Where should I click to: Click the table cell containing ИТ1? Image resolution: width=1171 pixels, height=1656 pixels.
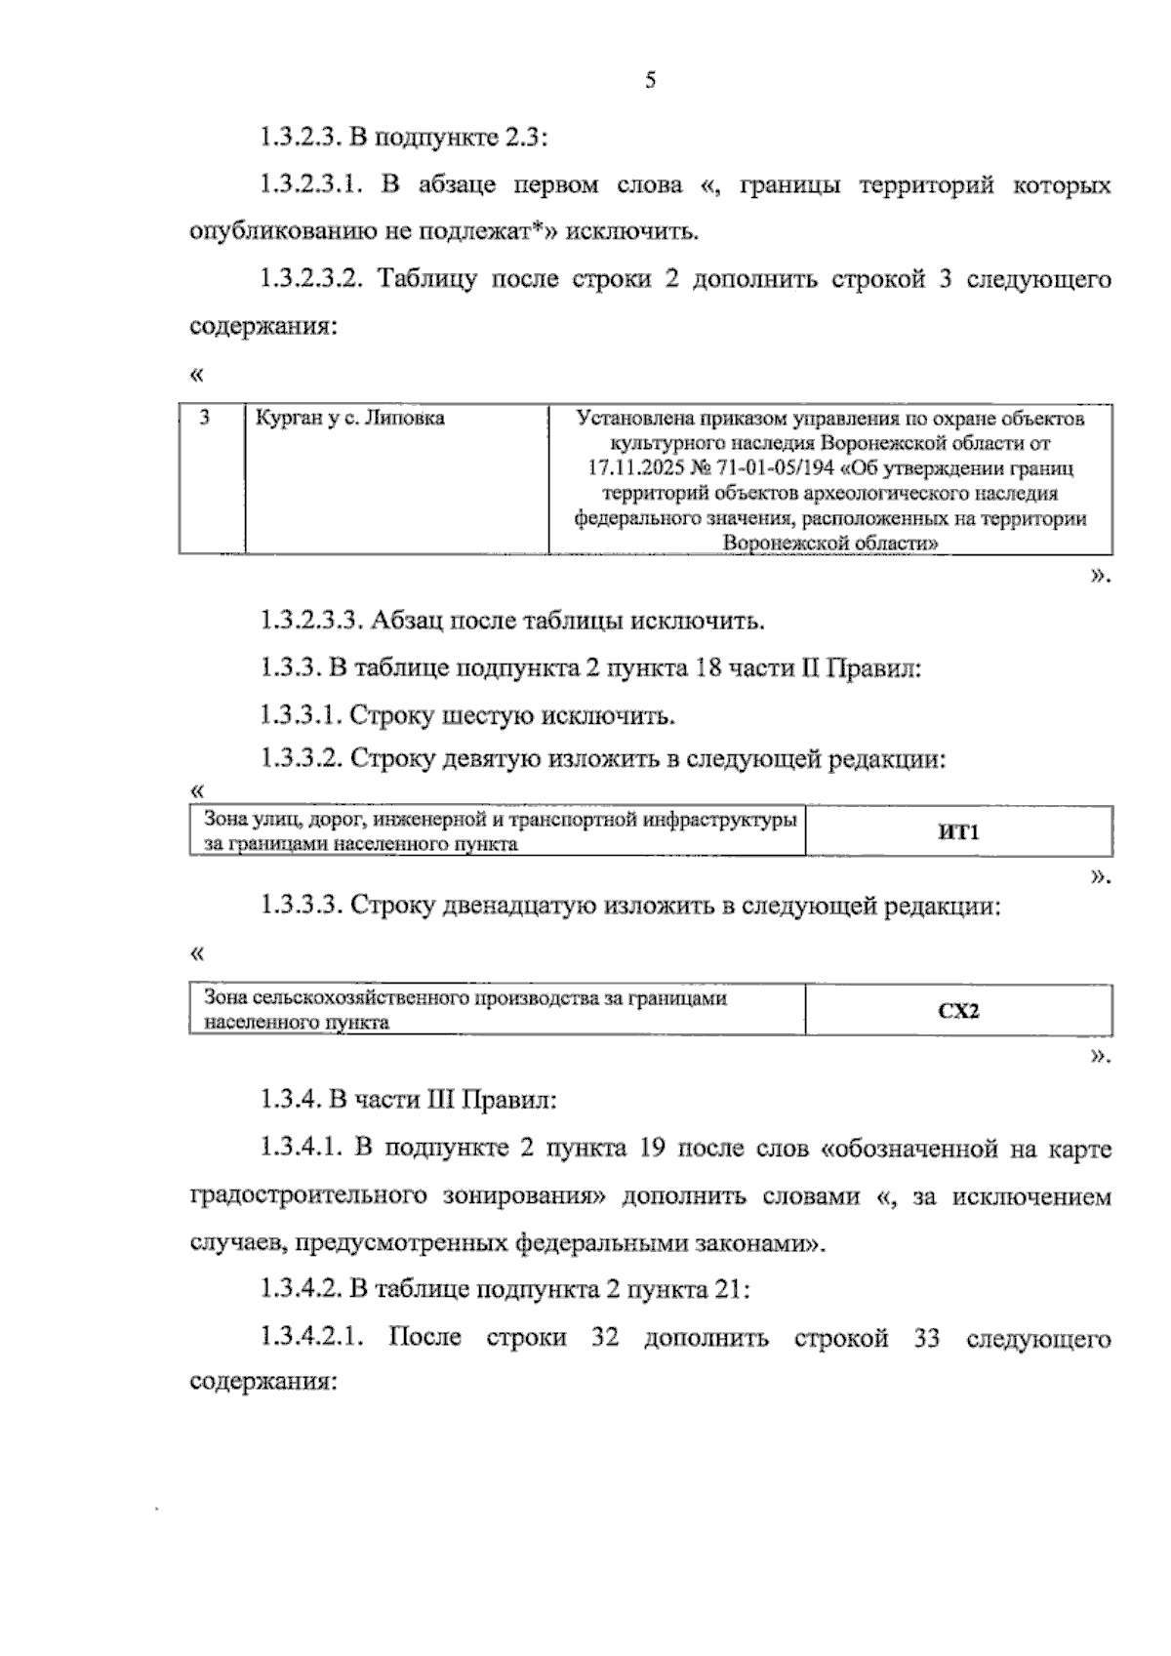(957, 832)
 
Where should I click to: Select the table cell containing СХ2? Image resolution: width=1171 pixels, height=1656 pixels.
(958, 1011)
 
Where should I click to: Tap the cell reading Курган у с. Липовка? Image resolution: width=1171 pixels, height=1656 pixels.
(349, 419)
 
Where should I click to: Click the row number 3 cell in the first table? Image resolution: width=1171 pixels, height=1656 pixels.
(205, 419)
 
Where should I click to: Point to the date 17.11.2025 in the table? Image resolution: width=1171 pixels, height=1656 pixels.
(629, 469)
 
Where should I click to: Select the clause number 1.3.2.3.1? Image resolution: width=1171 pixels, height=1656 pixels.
(311, 185)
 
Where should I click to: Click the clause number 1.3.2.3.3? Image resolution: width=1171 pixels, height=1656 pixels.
(311, 621)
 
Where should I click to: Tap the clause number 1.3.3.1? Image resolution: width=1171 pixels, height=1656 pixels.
(299, 715)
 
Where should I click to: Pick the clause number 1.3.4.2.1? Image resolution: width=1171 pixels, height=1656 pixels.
(311, 1337)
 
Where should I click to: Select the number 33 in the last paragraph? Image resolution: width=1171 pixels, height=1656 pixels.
(927, 1337)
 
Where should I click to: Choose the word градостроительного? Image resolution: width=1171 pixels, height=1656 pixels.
(309, 1196)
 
